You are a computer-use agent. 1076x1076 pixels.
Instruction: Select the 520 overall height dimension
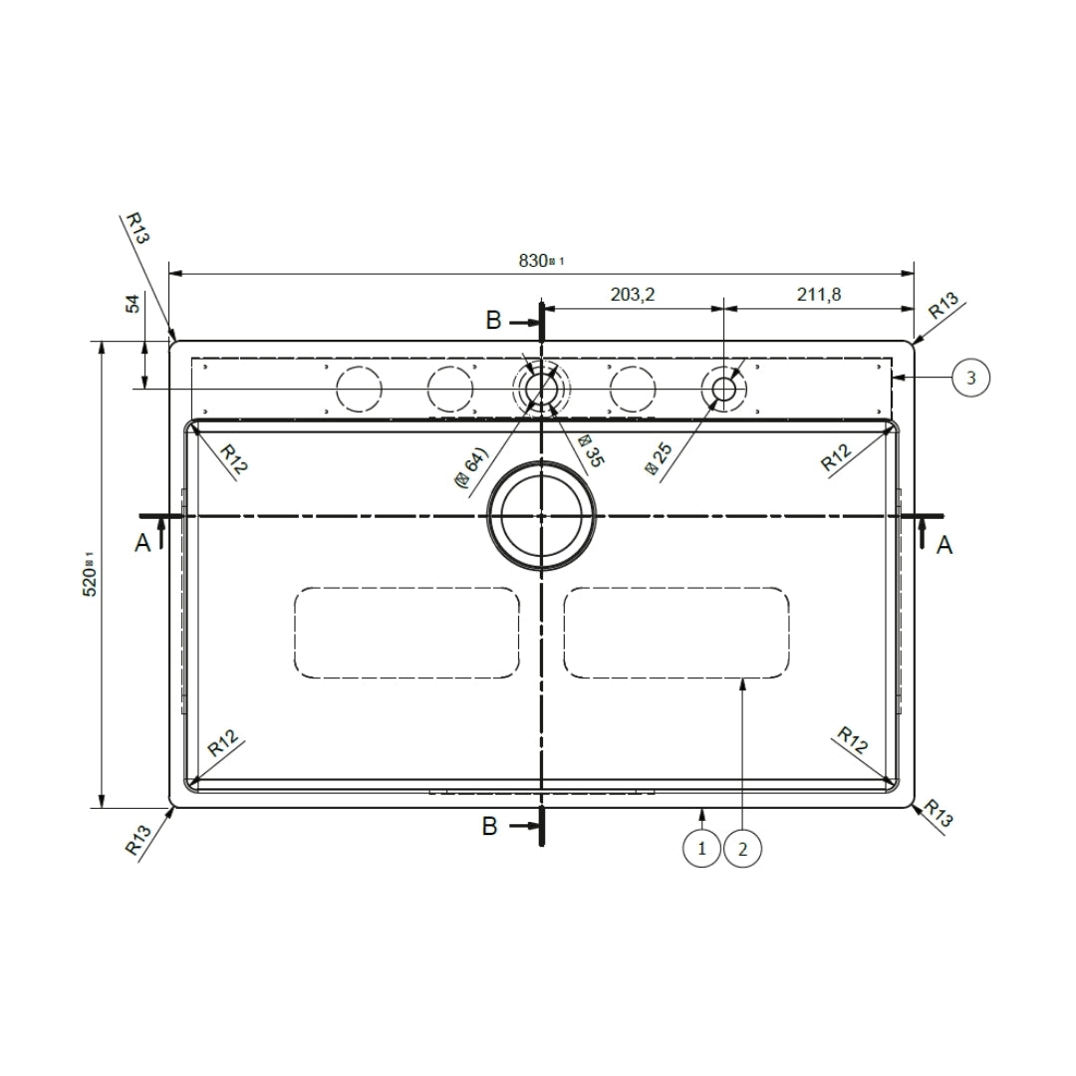89,574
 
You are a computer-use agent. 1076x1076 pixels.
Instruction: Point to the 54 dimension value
133,304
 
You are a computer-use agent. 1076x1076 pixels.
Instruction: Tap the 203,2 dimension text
631,294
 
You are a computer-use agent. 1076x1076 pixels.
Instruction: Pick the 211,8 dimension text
818,294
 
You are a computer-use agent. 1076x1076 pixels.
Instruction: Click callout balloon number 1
702,849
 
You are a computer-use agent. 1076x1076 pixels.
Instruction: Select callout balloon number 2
743,849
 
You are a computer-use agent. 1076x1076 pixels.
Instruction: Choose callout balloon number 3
970,378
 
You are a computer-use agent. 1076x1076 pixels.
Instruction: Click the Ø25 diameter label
661,460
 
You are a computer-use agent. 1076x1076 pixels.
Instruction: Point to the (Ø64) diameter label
469,467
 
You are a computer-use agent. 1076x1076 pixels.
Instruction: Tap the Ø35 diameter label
590,451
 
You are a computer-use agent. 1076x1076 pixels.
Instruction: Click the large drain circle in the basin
541,515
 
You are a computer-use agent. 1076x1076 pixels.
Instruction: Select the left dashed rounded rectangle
406,633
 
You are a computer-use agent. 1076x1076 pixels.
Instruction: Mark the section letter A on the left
142,543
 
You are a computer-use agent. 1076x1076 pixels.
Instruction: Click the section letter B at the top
493,321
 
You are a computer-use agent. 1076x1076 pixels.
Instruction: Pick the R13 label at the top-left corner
136,228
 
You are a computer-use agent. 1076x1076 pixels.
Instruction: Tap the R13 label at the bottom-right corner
936,814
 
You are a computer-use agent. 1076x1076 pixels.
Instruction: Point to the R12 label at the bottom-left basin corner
223,744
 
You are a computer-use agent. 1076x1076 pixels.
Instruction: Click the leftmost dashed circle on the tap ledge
359,389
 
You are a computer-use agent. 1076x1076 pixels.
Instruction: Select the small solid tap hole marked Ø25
723,389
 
